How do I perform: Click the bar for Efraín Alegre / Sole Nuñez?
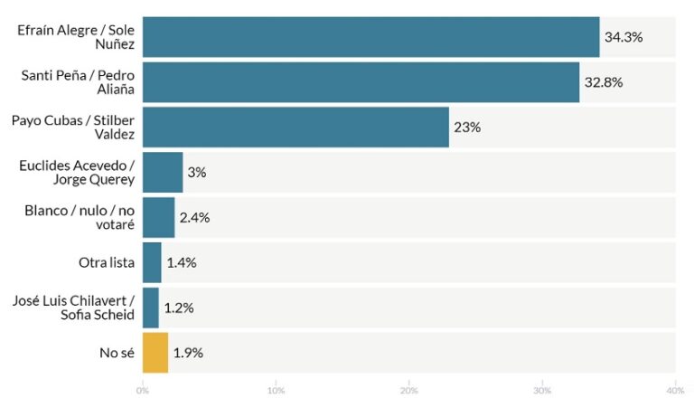pyautogui.click(x=370, y=37)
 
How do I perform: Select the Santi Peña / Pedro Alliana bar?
pyautogui.click(x=361, y=82)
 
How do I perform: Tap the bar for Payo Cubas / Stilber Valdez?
pyautogui.click(x=295, y=128)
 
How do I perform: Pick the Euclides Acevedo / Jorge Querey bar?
pyautogui.click(x=163, y=172)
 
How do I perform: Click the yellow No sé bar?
pyautogui.click(x=155, y=353)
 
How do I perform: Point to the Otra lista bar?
pyautogui.click(x=152, y=262)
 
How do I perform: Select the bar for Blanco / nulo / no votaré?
pyautogui.click(x=158, y=217)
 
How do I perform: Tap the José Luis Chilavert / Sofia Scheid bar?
pyautogui.click(x=151, y=308)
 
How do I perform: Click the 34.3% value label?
pyautogui.click(x=624, y=37)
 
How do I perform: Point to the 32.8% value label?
pyautogui.click(x=605, y=82)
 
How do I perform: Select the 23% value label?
pyautogui.click(x=467, y=128)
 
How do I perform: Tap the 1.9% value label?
pyautogui.click(x=188, y=353)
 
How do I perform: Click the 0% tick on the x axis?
pyautogui.click(x=143, y=391)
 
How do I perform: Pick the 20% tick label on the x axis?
pyautogui.click(x=409, y=391)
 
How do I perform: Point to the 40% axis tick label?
pyautogui.click(x=674, y=391)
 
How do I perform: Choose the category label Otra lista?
pyautogui.click(x=107, y=262)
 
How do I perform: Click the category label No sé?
pyautogui.click(x=117, y=353)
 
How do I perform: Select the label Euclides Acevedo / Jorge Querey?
pyautogui.click(x=76, y=172)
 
